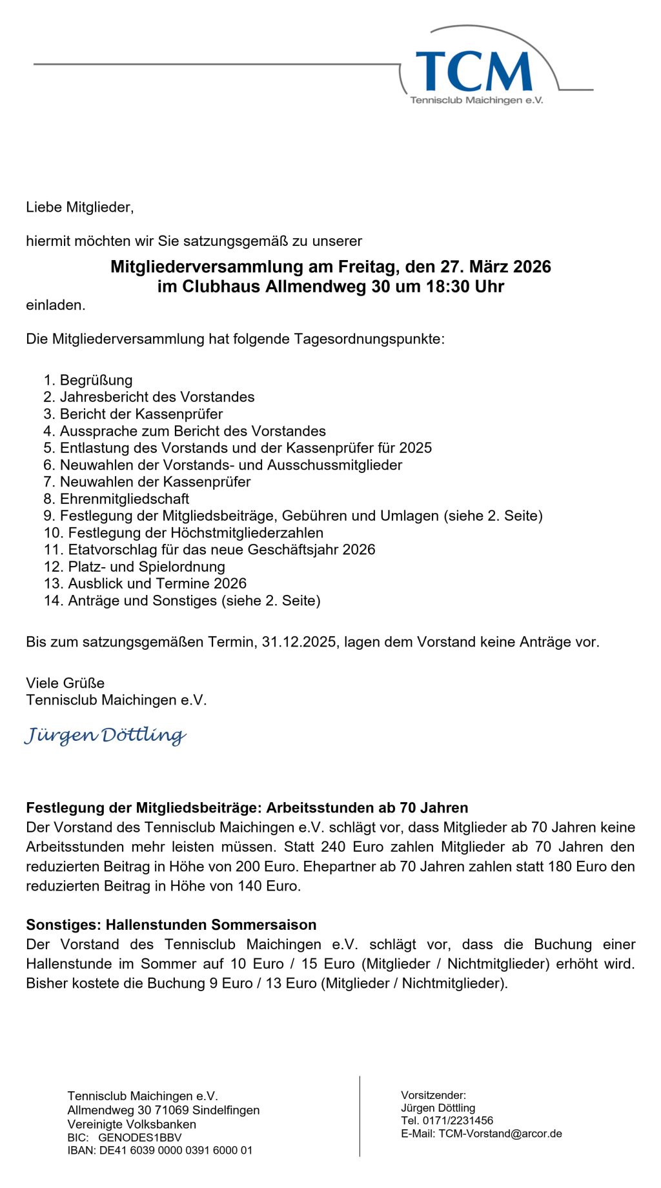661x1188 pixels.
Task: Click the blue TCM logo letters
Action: [x=474, y=71]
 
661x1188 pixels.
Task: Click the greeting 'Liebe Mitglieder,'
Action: [x=79, y=207]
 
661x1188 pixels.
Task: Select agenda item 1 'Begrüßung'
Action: [x=96, y=380]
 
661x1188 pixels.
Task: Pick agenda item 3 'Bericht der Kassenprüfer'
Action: [x=141, y=414]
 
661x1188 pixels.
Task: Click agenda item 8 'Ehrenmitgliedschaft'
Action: [x=124, y=499]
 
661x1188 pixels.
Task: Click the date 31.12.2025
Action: [x=299, y=642]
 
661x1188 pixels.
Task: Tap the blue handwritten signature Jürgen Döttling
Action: [x=105, y=735]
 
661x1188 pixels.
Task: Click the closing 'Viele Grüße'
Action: [x=65, y=683]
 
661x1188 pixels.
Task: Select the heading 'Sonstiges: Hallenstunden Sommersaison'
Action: [x=171, y=925]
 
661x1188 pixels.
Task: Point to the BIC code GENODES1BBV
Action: [x=139, y=1138]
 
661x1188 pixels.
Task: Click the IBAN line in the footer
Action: [x=159, y=1150]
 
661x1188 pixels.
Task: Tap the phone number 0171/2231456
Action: [x=458, y=1120]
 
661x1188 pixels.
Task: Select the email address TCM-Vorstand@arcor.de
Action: [x=500, y=1133]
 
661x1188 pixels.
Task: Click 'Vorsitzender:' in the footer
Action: [x=433, y=1095]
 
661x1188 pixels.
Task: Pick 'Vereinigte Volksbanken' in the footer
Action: [x=132, y=1124]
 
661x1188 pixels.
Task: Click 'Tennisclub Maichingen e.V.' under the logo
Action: [x=476, y=101]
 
